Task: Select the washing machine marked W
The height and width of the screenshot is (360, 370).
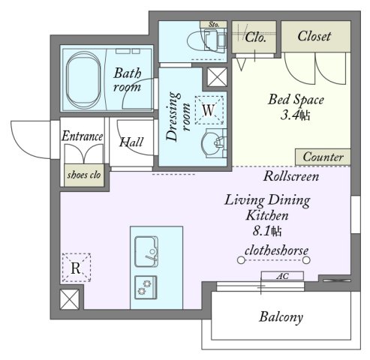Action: coord(209,110)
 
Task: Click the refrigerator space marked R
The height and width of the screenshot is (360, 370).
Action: coord(77,268)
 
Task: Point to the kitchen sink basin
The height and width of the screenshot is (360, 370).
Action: coord(146,251)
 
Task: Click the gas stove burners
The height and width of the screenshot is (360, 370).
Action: coord(146,287)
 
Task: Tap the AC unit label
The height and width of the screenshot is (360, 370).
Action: coord(282,276)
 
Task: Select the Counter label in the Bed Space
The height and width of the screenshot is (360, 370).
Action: coord(323,157)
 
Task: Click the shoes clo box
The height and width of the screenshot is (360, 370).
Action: coord(84,175)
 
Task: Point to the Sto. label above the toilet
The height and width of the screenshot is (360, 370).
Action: coord(213,25)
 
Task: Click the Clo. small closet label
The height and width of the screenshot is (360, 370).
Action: coord(255,37)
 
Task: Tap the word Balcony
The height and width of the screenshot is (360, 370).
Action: coord(281,317)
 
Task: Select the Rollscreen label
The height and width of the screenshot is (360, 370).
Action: coord(291,176)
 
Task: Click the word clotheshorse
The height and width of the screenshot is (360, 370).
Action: coord(276,250)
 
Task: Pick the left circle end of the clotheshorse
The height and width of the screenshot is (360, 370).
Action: coord(241,260)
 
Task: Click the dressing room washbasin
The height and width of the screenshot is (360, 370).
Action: coord(214,143)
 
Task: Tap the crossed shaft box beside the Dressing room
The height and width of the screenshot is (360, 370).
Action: coord(217,76)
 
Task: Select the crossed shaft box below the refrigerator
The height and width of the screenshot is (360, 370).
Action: coord(70,299)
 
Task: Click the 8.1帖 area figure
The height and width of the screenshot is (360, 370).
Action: coord(267,231)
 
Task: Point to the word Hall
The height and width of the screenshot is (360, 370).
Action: coord(131,142)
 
